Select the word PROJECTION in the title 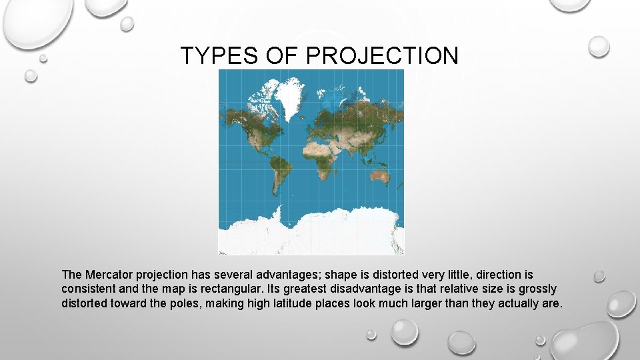point(382,56)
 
